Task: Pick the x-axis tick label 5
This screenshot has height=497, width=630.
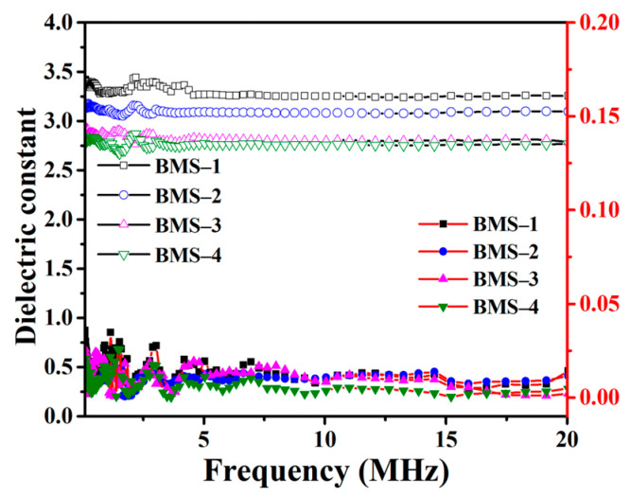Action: [x=203, y=438]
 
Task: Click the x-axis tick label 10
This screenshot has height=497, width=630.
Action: [x=324, y=438]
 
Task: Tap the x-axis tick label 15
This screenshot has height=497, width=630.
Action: [x=446, y=438]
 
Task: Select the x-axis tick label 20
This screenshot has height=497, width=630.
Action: [x=566, y=438]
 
